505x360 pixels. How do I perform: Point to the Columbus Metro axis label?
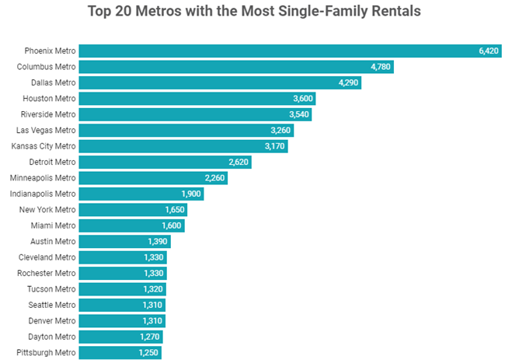click(x=47, y=67)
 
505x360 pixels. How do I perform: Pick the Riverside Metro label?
click(x=48, y=114)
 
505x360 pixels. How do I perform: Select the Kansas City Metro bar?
click(x=183, y=146)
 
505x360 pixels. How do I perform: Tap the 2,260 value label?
click(x=214, y=178)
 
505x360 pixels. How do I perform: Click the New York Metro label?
click(x=48, y=210)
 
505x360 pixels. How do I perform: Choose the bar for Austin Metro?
click(x=124, y=241)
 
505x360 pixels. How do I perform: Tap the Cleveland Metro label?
click(x=47, y=257)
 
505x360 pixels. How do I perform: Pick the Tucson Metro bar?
click(x=122, y=289)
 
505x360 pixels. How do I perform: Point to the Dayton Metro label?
click(x=50, y=337)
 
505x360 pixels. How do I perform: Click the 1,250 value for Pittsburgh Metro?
click(x=148, y=352)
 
